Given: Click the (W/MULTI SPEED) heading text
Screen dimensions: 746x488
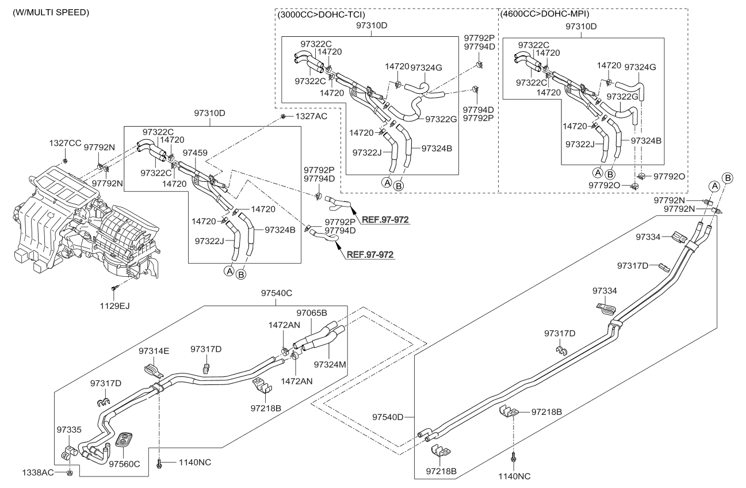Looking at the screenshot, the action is tap(51, 12).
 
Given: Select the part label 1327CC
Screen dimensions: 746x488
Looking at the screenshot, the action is tap(65, 143).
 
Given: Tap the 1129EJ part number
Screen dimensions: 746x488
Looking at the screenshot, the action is tap(115, 306).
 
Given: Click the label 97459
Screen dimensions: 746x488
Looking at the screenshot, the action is tap(195, 152).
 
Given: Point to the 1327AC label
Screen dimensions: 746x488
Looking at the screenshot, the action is tap(311, 116).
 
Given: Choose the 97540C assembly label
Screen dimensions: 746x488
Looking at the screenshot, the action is tap(277, 293).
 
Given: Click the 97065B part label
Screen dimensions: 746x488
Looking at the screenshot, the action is tap(312, 313).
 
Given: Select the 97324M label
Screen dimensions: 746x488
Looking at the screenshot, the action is tap(330, 365).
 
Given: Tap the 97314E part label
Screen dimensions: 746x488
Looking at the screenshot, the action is tap(154, 351).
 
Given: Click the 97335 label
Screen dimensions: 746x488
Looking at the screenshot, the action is tap(69, 430).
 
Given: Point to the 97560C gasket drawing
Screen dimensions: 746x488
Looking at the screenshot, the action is tap(124, 440).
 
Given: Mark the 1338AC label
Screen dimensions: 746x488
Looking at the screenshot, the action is tap(38, 472).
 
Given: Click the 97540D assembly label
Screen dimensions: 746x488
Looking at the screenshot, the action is tap(388, 417).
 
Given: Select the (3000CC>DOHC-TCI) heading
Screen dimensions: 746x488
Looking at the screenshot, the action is tap(321, 14).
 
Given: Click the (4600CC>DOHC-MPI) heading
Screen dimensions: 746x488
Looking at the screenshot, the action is tap(545, 14).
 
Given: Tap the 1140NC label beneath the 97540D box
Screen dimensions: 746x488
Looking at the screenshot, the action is tap(514, 476).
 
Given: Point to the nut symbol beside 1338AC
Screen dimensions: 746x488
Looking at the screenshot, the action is tap(70, 473).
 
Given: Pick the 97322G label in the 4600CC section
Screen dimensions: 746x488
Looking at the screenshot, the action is tap(622, 97).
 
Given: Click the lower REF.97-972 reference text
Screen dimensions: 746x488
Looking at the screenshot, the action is tap(370, 254).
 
